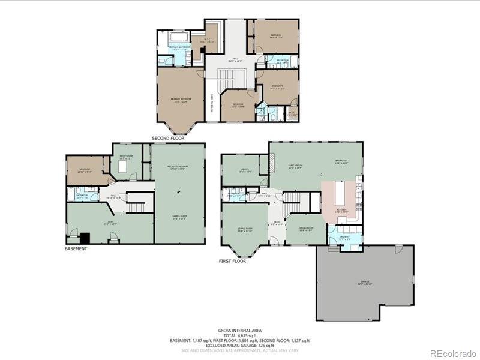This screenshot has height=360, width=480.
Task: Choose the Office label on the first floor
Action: pyautogui.click(x=245, y=170)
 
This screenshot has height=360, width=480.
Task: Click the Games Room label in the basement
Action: pyautogui.click(x=179, y=218)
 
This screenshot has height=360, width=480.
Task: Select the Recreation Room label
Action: pyautogui.click(x=179, y=167)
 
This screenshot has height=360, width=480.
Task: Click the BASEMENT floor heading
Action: pyautogui.click(x=76, y=248)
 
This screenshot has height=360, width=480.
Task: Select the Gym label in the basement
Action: pyautogui.click(x=110, y=222)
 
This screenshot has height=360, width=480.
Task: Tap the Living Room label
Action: pyautogui.click(x=245, y=229)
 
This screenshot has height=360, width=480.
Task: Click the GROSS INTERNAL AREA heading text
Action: pyautogui.click(x=240, y=330)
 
